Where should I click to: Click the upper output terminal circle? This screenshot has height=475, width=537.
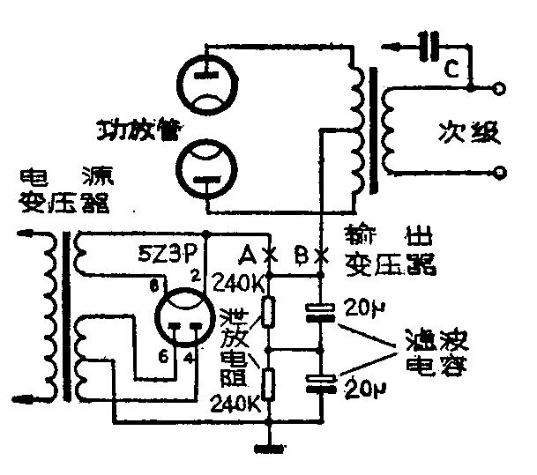(x=501, y=89)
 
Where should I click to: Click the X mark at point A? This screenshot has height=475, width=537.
(x=272, y=257)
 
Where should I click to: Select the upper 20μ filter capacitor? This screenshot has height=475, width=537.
(x=321, y=310)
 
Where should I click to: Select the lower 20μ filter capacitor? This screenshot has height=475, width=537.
(x=321, y=381)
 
